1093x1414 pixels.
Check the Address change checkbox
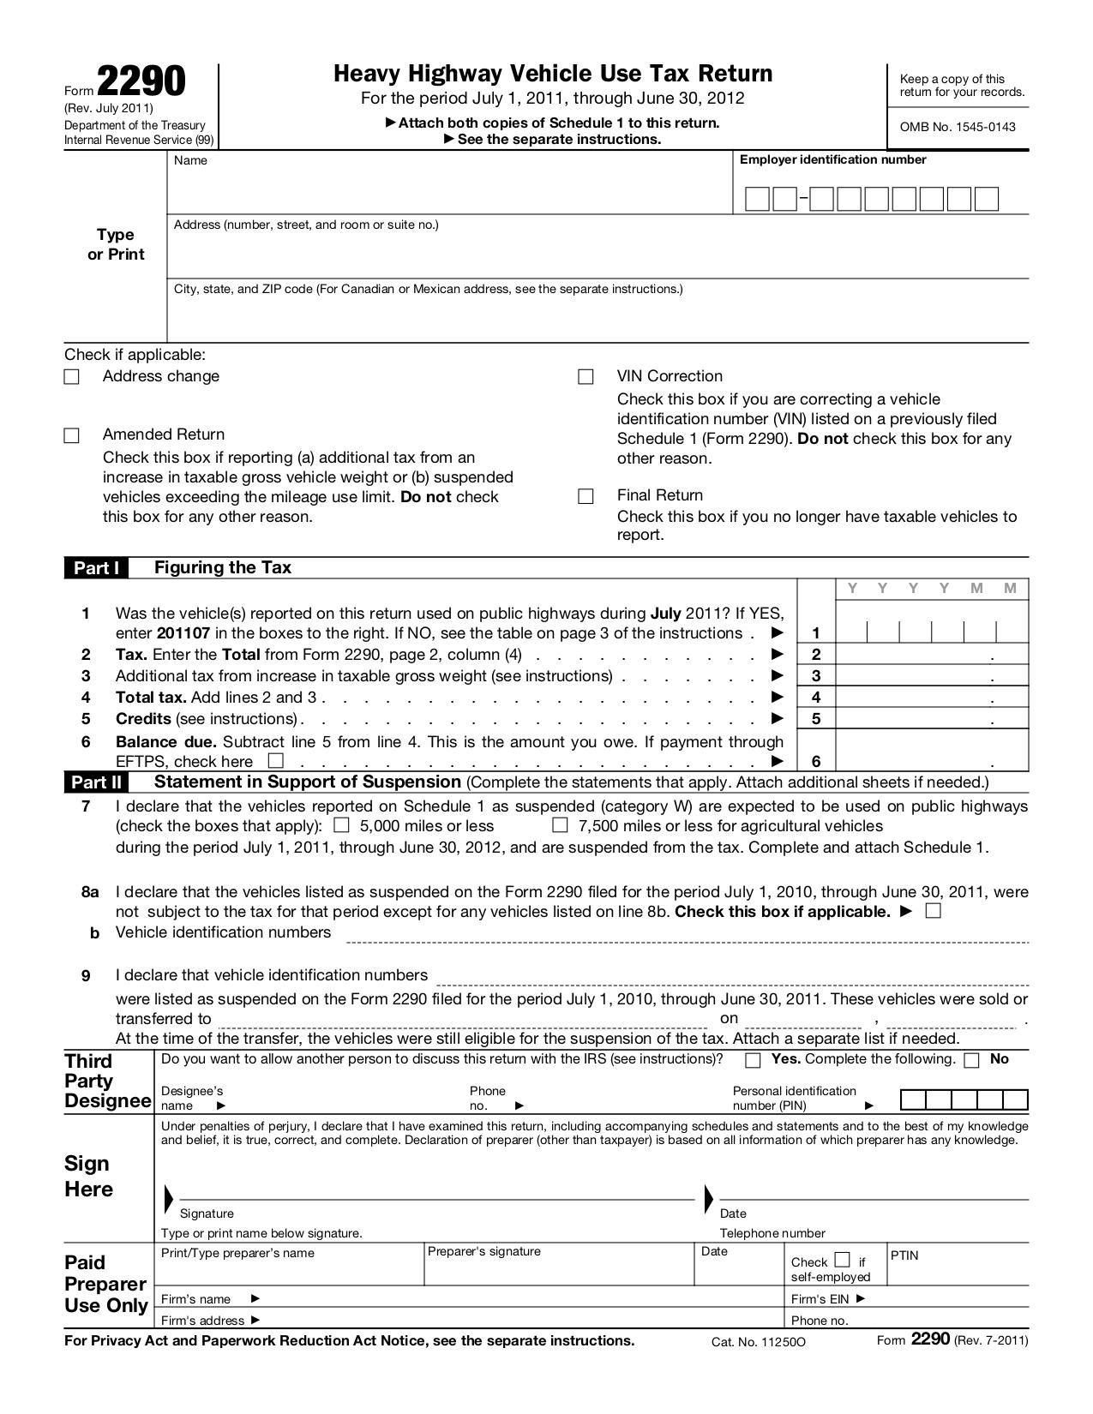click(x=72, y=377)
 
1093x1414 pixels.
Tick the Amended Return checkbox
click(x=72, y=435)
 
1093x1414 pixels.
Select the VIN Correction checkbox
click(x=586, y=377)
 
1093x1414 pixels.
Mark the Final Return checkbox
click(x=586, y=496)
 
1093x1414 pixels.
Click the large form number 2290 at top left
click(x=141, y=82)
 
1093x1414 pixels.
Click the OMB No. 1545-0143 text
click(x=957, y=127)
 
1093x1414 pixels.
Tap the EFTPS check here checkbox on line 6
click(x=275, y=760)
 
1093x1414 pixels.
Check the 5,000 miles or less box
click(x=341, y=825)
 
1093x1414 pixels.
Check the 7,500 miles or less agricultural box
click(x=560, y=825)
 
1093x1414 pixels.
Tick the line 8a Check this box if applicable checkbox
click(x=934, y=910)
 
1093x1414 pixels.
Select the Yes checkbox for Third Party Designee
click(x=753, y=1060)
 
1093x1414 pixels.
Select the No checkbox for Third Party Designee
click(x=971, y=1060)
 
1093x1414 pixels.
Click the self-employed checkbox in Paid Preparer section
click(x=842, y=1260)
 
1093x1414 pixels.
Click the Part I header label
click(x=95, y=568)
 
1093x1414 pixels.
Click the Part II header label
click(x=96, y=782)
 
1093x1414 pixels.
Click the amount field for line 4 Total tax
click(x=931, y=697)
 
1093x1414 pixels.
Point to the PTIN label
click(x=904, y=1255)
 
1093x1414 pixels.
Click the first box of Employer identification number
click(x=757, y=199)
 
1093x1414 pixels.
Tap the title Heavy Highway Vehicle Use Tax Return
click(x=553, y=74)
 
